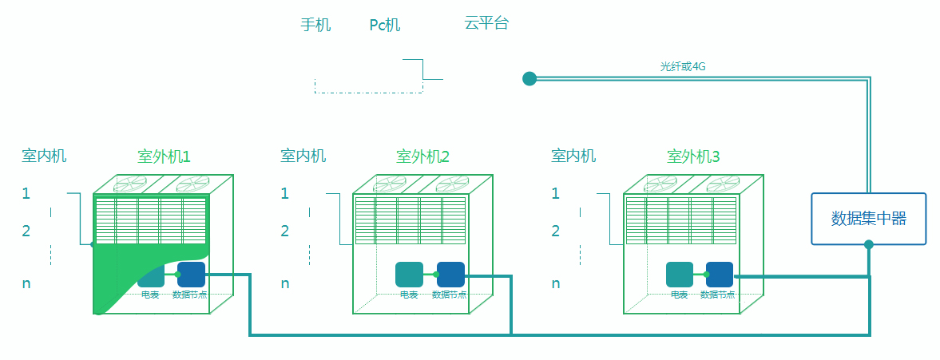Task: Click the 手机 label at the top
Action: pyautogui.click(x=315, y=26)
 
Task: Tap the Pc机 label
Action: pyautogui.click(x=385, y=26)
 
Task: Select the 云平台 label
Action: pyautogui.click(x=486, y=23)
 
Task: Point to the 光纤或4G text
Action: pyautogui.click(x=683, y=66)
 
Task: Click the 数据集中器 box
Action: pyautogui.click(x=869, y=219)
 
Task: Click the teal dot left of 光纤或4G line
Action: pyautogui.click(x=529, y=78)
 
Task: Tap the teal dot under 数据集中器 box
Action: pyautogui.click(x=869, y=244)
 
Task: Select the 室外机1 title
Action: pyautogui.click(x=164, y=157)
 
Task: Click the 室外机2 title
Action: pyautogui.click(x=422, y=157)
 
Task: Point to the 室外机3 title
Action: pyautogui.click(x=693, y=157)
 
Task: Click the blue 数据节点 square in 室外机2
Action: pyautogui.click(x=450, y=275)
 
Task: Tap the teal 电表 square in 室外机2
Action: pyautogui.click(x=410, y=275)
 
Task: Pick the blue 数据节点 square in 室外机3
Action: pyautogui.click(x=720, y=275)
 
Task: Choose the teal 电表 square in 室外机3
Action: pyautogui.click(x=679, y=275)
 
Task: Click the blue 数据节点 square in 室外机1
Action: pyautogui.click(x=191, y=275)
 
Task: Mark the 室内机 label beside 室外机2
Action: pyautogui.click(x=303, y=156)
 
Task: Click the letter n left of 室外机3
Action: pyautogui.click(x=556, y=283)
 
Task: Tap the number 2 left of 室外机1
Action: pyautogui.click(x=26, y=231)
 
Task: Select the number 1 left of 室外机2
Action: pyautogui.click(x=285, y=193)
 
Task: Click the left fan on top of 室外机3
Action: pyautogui.click(x=660, y=184)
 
